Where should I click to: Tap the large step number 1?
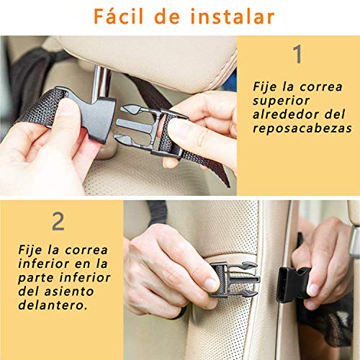297,55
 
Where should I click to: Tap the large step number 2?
58,220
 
